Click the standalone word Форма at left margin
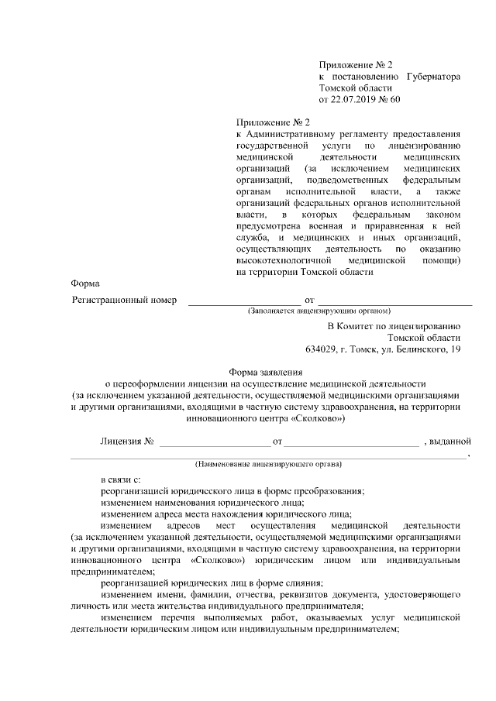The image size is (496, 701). (84, 284)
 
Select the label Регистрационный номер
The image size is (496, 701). (124, 299)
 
